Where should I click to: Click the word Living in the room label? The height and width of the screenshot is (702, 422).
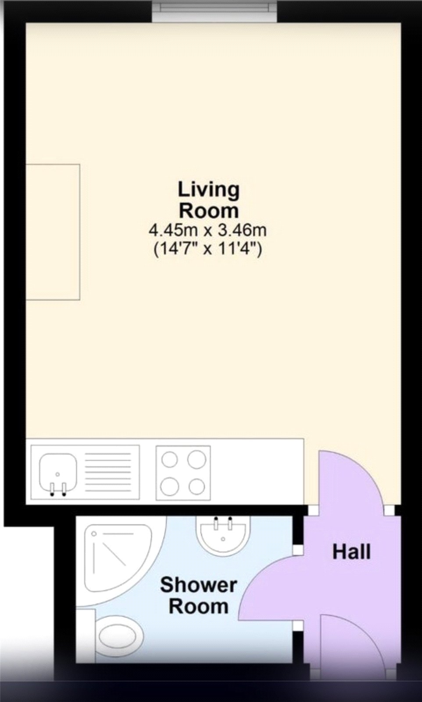click(x=208, y=190)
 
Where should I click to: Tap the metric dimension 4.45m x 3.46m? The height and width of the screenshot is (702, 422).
click(x=207, y=229)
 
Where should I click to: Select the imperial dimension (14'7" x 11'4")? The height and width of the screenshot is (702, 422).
click(x=207, y=249)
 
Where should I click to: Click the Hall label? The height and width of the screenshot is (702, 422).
click(x=351, y=552)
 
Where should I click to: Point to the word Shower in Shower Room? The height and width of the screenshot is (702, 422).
click(x=198, y=585)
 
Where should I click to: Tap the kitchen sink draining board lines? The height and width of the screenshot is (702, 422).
click(x=108, y=472)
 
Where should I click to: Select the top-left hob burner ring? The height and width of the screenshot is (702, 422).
click(x=170, y=460)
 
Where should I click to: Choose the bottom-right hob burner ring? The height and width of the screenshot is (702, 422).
click(x=197, y=486)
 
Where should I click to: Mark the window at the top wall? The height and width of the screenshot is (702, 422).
click(x=215, y=10)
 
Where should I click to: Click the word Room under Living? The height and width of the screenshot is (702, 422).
click(x=208, y=211)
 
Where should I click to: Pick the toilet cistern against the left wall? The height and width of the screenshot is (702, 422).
click(x=86, y=635)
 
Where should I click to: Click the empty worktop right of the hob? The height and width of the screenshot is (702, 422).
click(x=257, y=472)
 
